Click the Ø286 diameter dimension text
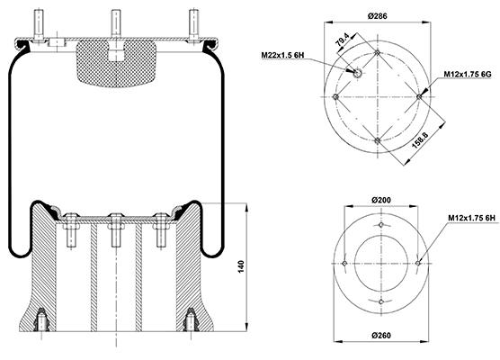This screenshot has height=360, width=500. pyautogui.click(x=377, y=15)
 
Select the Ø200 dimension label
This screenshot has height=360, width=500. pyautogui.click(x=381, y=200)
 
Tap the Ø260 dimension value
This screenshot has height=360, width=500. pyautogui.click(x=381, y=336)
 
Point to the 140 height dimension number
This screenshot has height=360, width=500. pyautogui.click(x=241, y=266)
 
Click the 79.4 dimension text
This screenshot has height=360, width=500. pyautogui.click(x=343, y=40)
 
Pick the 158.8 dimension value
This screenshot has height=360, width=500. pyautogui.click(x=420, y=139)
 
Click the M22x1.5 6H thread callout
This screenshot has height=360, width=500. pyautogui.click(x=282, y=55)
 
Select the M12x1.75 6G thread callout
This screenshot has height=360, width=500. pyautogui.click(x=468, y=75)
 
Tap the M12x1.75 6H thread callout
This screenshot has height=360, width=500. pyautogui.click(x=471, y=218)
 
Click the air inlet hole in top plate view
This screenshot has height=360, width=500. pyautogui.click(x=357, y=73)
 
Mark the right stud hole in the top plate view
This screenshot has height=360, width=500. pyautogui.click(x=419, y=96)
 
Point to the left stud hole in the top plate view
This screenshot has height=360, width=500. pyautogui.click(x=335, y=96)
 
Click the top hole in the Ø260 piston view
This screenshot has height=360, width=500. pyautogui.click(x=380, y=225)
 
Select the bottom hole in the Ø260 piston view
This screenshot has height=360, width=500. pyautogui.click(x=380, y=301)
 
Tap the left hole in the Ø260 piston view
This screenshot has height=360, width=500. pyautogui.click(x=344, y=264)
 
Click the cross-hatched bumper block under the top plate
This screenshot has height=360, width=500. pyautogui.click(x=116, y=63)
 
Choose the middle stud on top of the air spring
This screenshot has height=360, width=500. pyautogui.click(x=116, y=23)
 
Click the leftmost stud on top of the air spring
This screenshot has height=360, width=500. pyautogui.click(x=39, y=24)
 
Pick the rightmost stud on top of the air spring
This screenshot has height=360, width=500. pyautogui.click(x=193, y=24)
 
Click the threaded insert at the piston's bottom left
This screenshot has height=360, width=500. pyautogui.click(x=41, y=319)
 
